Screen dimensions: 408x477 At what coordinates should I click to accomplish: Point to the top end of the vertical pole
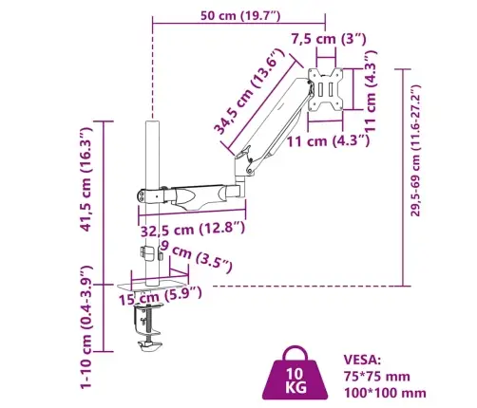[x=151, y=123]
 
